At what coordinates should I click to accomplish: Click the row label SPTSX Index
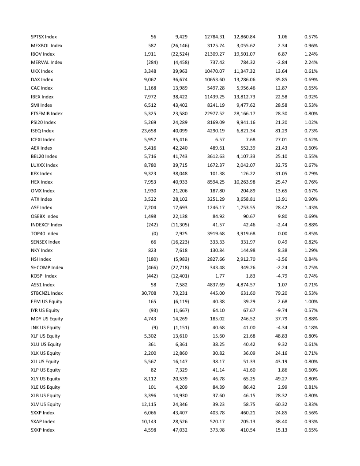coord(44,37)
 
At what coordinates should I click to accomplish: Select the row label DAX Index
coord(42,79)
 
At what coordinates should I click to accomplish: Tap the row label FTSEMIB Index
coord(47,113)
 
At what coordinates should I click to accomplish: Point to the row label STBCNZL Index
coord(47,293)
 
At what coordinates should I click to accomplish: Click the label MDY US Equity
coord(46,319)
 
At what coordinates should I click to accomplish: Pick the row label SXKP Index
coord(43,430)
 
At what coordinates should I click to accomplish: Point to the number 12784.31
coord(215,37)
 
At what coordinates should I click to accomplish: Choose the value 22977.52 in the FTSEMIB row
coord(215,113)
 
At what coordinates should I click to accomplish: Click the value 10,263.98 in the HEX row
coord(244,182)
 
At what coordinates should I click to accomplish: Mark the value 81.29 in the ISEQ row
coord(281,131)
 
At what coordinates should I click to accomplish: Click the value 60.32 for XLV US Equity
coord(281,404)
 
